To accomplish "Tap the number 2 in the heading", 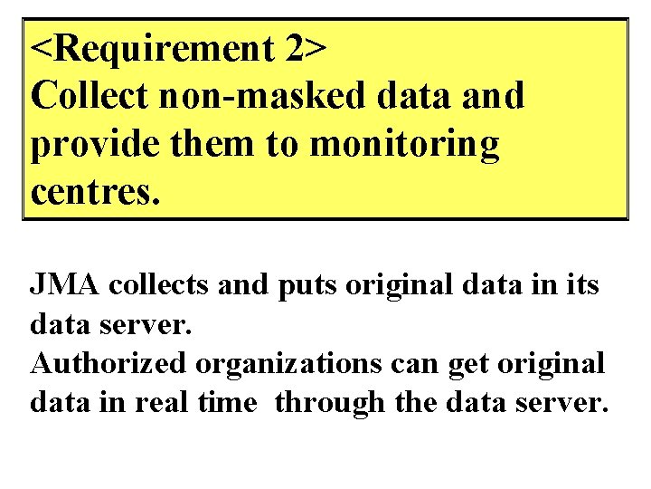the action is pos(293,51).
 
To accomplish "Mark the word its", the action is pos(580,285).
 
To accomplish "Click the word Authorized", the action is pos(109,364).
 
